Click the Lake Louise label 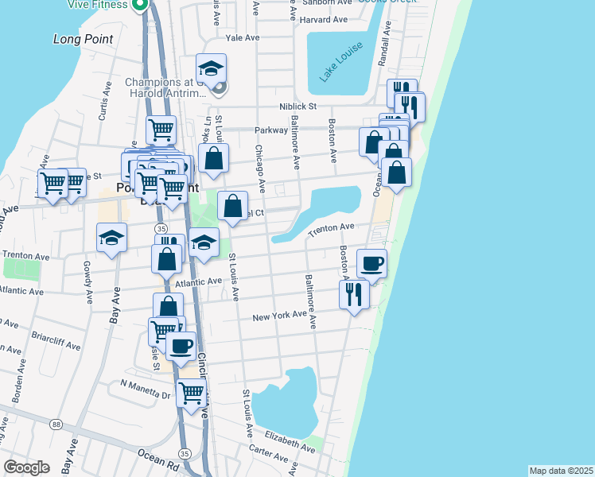[342, 61]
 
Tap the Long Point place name [83, 38]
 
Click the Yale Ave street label [243, 37]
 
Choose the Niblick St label [298, 106]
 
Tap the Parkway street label [270, 130]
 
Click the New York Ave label [279, 316]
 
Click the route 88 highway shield [56, 425]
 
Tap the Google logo [26, 467]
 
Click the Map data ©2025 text [561, 471]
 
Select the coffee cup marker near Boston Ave [371, 264]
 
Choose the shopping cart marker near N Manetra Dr [192, 393]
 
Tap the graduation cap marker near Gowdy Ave [112, 238]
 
